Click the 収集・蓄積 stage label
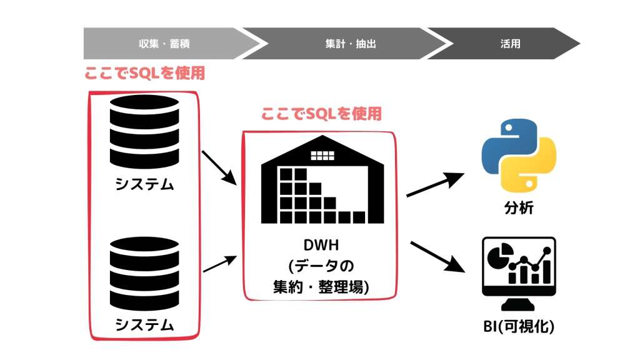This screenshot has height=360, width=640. (x=164, y=44)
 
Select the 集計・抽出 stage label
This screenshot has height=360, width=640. (x=350, y=44)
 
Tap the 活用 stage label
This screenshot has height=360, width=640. (x=510, y=44)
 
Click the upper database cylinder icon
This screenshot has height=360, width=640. (x=144, y=131)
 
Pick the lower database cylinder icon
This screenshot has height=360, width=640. (x=144, y=274)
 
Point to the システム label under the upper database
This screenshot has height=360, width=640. (x=144, y=184)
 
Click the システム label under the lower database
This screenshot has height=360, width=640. (x=144, y=325)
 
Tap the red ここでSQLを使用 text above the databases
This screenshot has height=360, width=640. (x=144, y=73)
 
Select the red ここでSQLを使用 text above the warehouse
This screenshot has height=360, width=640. (x=321, y=114)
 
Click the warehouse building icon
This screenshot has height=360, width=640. (x=322, y=179)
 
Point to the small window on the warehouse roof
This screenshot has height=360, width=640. (x=322, y=155)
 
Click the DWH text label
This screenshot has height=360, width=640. (x=321, y=245)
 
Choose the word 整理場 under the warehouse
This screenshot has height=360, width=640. (x=343, y=287)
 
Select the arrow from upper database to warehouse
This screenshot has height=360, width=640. (x=219, y=167)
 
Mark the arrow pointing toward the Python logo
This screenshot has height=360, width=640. (x=436, y=184)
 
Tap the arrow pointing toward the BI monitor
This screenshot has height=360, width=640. (x=437, y=257)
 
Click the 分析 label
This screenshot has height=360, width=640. (x=519, y=207)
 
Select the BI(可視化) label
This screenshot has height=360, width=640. (x=519, y=326)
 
